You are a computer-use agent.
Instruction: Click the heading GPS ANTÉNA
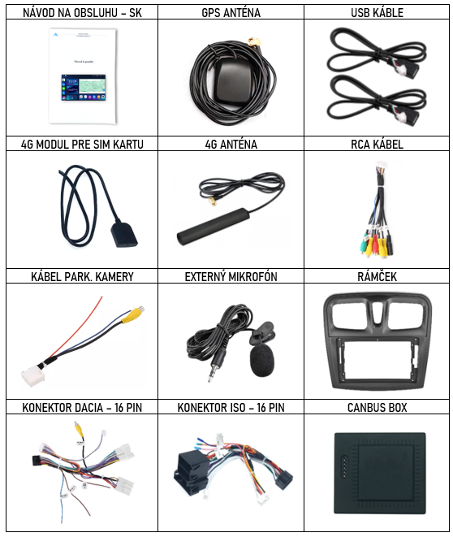(231, 13)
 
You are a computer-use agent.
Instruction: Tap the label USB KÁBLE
(377, 13)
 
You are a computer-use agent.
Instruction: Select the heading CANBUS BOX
(377, 407)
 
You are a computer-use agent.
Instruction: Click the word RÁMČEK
(377, 276)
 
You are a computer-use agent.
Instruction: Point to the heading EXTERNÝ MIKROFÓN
(231, 276)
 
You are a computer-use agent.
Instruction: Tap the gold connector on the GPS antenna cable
(254, 42)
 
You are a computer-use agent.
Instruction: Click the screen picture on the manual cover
(84, 88)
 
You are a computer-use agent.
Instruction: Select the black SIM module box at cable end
(124, 234)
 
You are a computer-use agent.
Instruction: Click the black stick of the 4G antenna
(214, 226)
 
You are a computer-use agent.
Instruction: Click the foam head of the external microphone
(262, 362)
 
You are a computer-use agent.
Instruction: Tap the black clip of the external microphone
(261, 333)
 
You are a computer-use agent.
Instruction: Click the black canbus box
(380, 473)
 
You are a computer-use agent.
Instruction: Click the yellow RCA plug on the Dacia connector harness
(80, 431)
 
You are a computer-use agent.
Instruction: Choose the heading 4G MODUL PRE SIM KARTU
(82, 144)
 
